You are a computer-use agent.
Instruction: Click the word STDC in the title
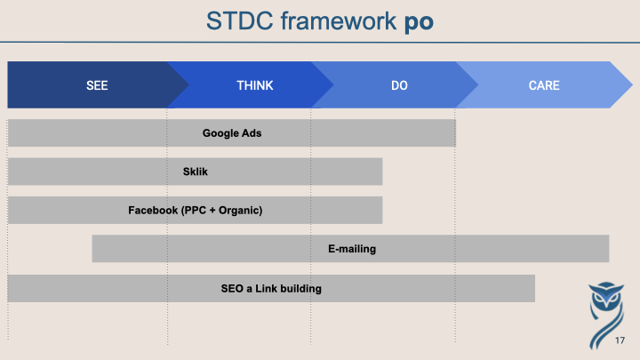point(240,20)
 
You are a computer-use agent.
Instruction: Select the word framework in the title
point(339,20)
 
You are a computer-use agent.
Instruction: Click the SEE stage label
point(97,85)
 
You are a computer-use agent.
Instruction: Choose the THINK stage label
point(255,85)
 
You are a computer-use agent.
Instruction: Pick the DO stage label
point(399,85)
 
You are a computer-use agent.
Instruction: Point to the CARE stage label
point(544,85)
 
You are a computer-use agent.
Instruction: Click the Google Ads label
point(232,133)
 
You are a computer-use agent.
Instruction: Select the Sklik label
point(195,172)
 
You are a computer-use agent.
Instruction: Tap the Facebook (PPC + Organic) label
point(195,210)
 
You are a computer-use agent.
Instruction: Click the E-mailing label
point(352,249)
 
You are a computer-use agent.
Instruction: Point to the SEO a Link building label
point(271,289)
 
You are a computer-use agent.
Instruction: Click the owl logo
point(606,315)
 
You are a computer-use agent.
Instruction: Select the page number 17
point(620,340)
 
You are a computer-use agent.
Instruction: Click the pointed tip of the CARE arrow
point(632,85)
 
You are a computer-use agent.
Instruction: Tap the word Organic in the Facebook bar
point(239,210)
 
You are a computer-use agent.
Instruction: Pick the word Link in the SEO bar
point(266,289)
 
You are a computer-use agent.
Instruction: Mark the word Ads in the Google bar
point(252,133)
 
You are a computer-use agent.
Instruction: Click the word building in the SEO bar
point(300,289)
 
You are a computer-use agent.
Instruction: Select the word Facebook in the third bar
point(153,210)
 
